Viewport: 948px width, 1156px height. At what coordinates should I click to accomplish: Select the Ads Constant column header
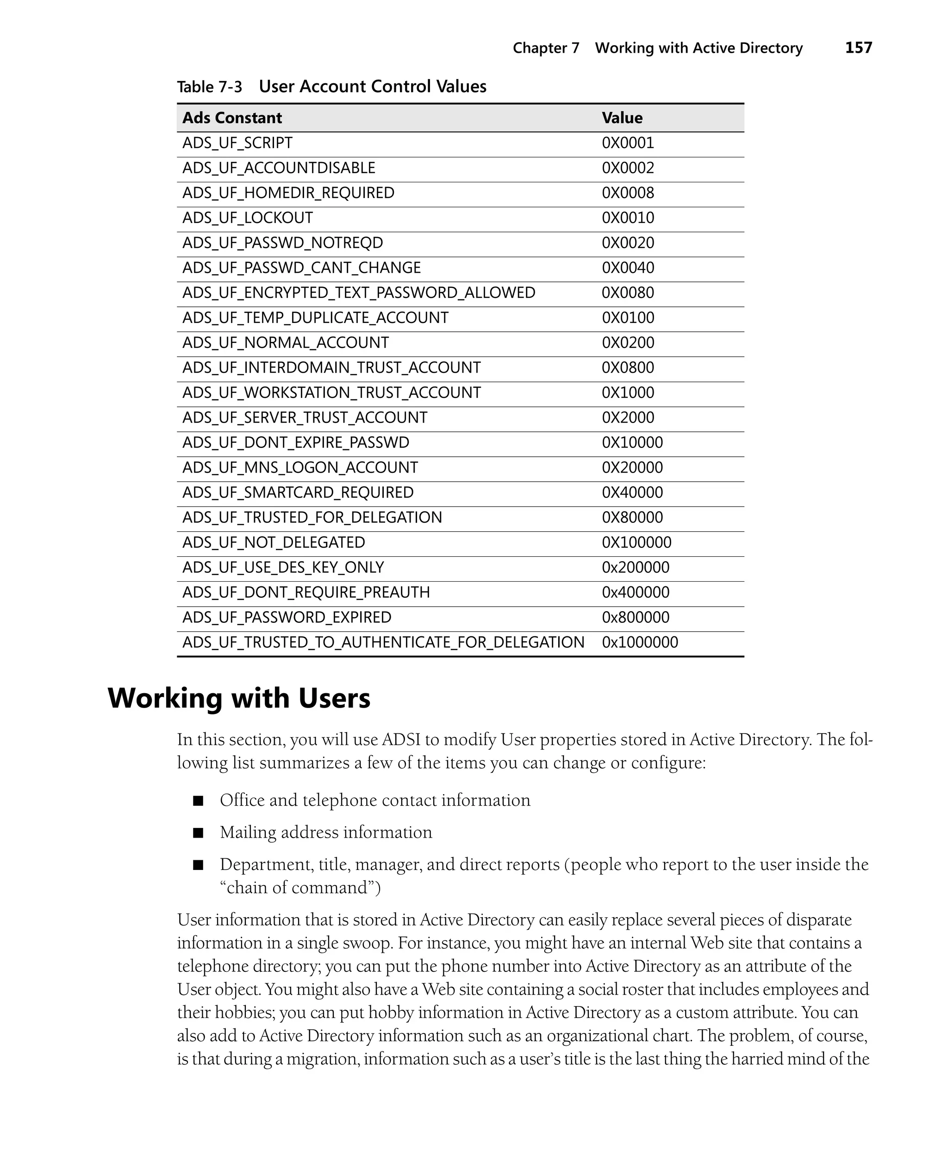point(232,118)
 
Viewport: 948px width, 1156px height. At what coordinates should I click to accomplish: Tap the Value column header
point(622,118)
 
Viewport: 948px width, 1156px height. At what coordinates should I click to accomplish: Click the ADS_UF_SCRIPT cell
point(237,143)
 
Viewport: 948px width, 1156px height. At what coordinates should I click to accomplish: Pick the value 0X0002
point(628,168)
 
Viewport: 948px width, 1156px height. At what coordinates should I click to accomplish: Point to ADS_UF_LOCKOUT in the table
point(247,218)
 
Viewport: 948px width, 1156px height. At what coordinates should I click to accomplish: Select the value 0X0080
point(628,293)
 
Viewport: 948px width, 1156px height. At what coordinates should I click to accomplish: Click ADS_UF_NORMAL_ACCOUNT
point(286,343)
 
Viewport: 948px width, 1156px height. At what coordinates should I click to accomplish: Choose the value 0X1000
point(628,393)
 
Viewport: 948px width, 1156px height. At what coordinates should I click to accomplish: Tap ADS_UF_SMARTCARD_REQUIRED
point(298,493)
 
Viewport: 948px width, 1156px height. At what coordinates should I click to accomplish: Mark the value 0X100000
point(636,542)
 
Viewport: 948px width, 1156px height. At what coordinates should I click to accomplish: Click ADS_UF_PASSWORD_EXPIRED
point(287,618)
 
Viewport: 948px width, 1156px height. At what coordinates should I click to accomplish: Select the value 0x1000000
point(639,642)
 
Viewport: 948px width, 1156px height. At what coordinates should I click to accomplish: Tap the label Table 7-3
point(209,87)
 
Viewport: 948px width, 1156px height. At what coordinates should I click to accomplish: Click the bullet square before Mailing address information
point(198,833)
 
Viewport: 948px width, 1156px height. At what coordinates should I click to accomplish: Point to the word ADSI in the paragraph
point(401,740)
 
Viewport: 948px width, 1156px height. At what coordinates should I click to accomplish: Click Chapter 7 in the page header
point(546,49)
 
